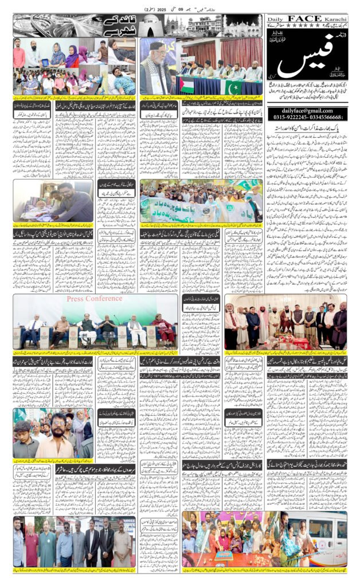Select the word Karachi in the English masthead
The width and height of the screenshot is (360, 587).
[x=335, y=18]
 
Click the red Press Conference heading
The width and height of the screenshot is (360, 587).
[x=95, y=299]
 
